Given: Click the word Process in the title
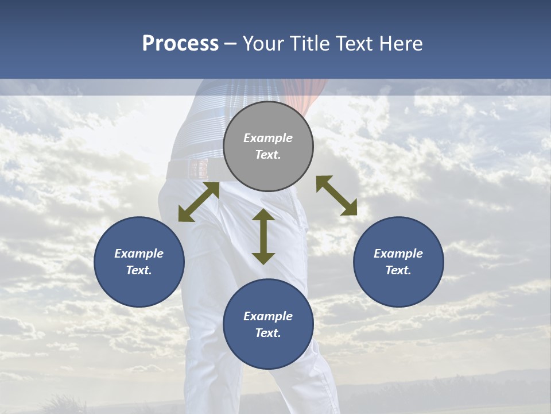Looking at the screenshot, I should tap(180, 44).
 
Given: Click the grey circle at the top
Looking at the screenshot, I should tap(268, 147).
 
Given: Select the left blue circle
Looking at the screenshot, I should tap(139, 262).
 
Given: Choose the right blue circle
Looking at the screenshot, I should tap(398, 262).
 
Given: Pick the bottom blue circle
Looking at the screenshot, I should tap(268, 324).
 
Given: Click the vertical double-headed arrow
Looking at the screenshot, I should tap(263, 236).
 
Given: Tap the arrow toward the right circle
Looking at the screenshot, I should tap(336, 195).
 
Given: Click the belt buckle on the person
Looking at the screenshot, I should tap(199, 169).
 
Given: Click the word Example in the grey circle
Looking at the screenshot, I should tap(268, 138).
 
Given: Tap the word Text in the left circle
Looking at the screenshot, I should tap(138, 270).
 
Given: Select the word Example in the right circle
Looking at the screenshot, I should tap(398, 254).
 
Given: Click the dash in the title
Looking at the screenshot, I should tap(231, 44).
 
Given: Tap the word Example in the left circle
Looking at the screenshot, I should tap(139, 254).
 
